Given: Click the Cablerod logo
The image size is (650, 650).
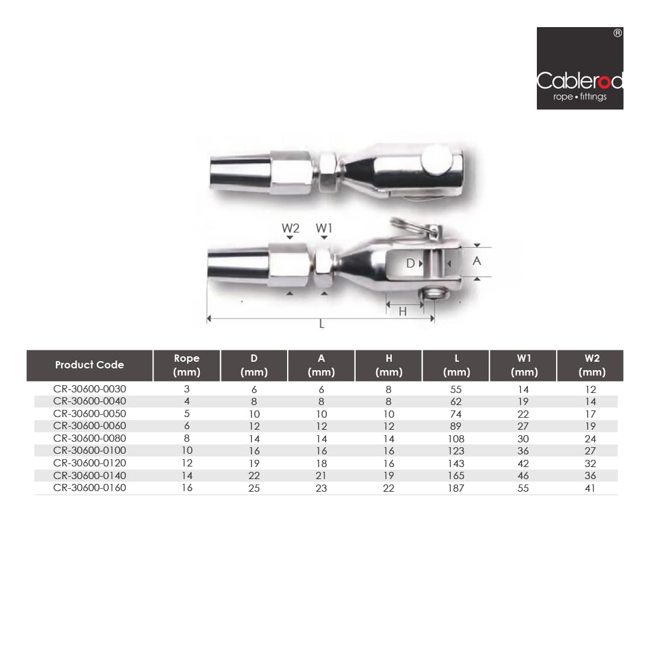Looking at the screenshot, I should click(x=580, y=69).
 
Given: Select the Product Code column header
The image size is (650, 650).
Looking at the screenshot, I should click(x=89, y=365).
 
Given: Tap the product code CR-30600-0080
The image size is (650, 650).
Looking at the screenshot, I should click(x=90, y=439).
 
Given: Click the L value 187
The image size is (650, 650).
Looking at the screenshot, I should click(x=456, y=488).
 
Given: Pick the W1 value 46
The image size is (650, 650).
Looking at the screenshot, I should click(x=523, y=475).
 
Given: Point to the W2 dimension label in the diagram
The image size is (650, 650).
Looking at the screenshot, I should click(x=290, y=228).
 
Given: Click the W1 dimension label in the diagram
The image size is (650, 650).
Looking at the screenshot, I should click(x=324, y=228).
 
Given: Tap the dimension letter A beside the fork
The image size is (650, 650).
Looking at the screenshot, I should click(x=477, y=261).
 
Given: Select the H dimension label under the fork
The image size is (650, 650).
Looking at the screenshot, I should click(x=403, y=312).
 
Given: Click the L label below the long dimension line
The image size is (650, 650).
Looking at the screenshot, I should click(x=321, y=324).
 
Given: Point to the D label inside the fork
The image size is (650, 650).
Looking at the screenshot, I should click(x=410, y=263).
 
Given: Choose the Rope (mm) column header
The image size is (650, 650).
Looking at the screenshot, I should click(x=187, y=365).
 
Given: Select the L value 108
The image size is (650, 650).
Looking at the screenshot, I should click(x=456, y=439).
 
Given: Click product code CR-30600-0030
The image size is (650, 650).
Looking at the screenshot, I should click(x=90, y=389).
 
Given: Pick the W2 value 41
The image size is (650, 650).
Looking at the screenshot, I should click(x=590, y=488).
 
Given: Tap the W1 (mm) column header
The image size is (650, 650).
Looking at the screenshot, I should click(x=523, y=365).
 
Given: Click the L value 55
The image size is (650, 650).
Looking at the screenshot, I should click(x=456, y=389).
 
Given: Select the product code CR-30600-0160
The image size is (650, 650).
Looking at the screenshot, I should click(x=90, y=488).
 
